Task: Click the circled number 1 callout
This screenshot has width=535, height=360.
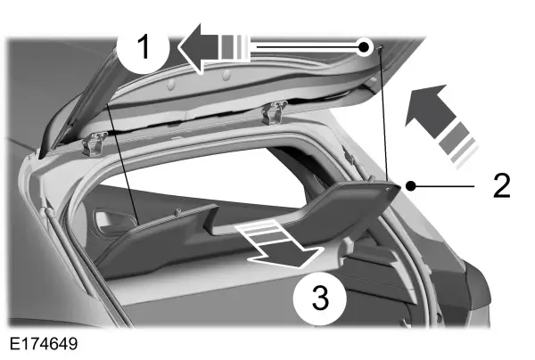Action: coord(144,47)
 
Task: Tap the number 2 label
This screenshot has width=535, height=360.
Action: coord(501,185)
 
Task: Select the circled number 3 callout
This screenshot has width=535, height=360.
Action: coord(320,299)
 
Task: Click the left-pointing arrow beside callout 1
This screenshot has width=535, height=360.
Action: coord(214,48)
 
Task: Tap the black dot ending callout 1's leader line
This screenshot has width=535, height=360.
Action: coord(365,46)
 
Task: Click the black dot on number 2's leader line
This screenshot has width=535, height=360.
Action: coord(411,186)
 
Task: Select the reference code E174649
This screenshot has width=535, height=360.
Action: coord(44,344)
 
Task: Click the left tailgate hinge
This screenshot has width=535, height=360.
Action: coord(94,143)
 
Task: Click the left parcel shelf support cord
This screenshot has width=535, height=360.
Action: coord(122,164)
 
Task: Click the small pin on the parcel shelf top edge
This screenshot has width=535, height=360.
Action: coord(177,213)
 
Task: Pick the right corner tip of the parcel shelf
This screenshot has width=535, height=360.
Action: coord(399,188)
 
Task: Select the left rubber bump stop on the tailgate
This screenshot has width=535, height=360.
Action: coord(170,85)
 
